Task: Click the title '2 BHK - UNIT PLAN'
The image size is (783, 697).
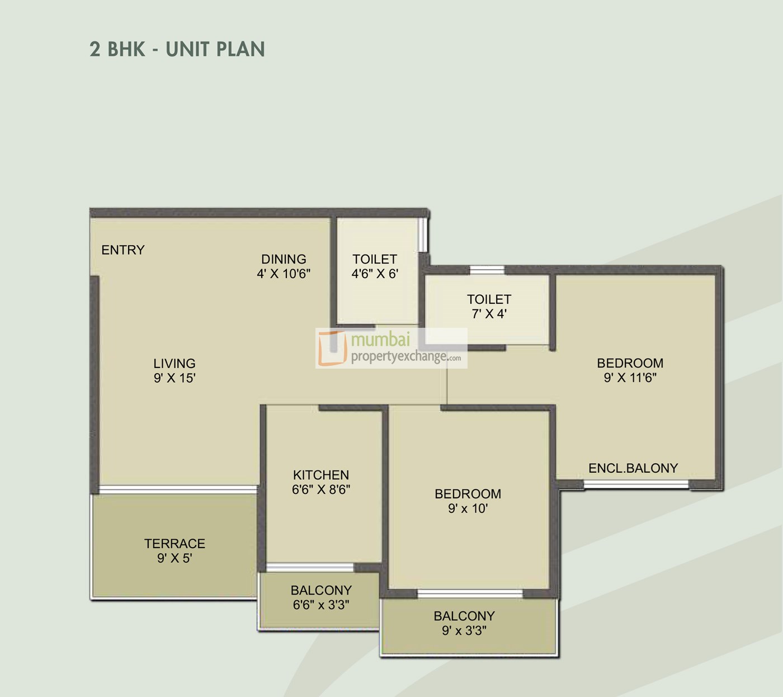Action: coord(177,49)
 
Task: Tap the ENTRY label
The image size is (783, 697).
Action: coord(123,250)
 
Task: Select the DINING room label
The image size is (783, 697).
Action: coord(284,259)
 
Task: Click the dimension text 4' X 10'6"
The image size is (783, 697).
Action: coord(284,274)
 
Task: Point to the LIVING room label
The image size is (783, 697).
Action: coord(174,363)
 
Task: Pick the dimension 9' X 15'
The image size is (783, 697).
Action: coord(174,378)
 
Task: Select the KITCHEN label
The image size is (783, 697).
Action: coord(321,475)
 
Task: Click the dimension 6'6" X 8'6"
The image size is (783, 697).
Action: coord(321,489)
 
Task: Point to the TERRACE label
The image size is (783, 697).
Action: coord(174,543)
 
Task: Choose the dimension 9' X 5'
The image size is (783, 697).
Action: coord(174,558)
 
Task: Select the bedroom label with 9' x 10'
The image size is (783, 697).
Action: coord(468,494)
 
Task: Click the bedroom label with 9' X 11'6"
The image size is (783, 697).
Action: coord(630,363)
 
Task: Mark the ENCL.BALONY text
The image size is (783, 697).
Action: coord(633,468)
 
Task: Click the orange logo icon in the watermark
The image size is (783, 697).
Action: coord(332,348)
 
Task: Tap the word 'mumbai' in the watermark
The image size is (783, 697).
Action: coord(381,340)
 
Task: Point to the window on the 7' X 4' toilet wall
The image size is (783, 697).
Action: coord(487,270)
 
